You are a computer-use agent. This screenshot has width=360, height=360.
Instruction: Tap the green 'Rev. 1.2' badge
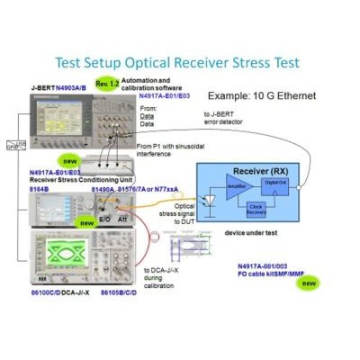(x=107, y=84)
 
